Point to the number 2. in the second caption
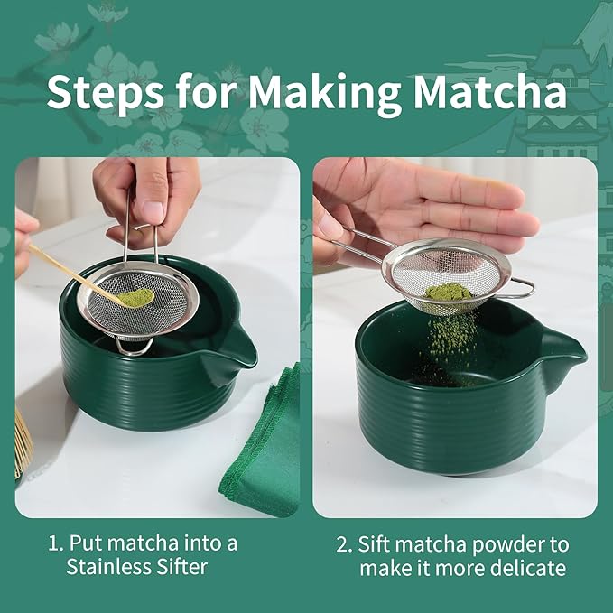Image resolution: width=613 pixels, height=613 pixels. coord(344,544)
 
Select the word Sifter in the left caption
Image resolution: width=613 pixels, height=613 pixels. coord(181,568)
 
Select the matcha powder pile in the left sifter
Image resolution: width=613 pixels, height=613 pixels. coord(136,296)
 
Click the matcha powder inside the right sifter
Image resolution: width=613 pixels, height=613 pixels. coord(448,292)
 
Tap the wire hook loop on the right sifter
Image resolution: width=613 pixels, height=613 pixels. coord(520,288)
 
